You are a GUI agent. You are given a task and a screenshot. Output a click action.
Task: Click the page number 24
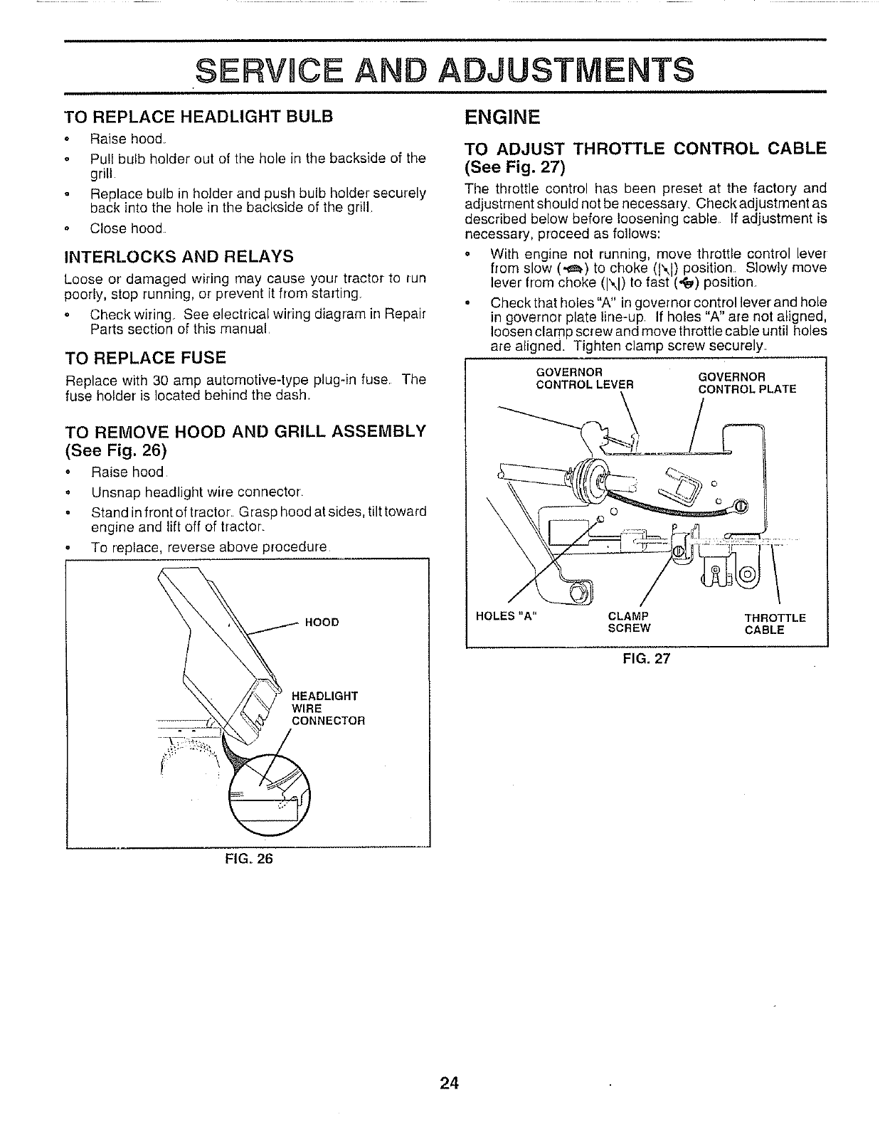[x=450, y=1083]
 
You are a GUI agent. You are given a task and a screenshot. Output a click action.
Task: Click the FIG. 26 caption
[x=247, y=858]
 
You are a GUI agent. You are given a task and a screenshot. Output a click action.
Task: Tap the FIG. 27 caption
[x=646, y=659]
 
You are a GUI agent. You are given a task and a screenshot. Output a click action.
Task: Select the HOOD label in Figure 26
[x=321, y=623]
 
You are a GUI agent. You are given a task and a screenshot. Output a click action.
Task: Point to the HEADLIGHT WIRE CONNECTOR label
[x=328, y=708]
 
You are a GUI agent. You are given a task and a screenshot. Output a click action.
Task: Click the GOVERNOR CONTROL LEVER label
[x=584, y=379]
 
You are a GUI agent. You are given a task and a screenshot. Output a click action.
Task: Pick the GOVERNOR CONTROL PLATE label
[x=747, y=383]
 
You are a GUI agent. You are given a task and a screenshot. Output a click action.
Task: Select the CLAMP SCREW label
[x=630, y=623]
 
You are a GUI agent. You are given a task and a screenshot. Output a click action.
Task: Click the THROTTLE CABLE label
[x=775, y=624]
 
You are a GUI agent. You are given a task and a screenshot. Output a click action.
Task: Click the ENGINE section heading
[x=502, y=116]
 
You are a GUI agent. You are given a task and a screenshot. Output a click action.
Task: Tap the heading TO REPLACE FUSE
[x=145, y=356]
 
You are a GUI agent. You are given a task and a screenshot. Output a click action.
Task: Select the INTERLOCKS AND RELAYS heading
[x=179, y=255]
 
